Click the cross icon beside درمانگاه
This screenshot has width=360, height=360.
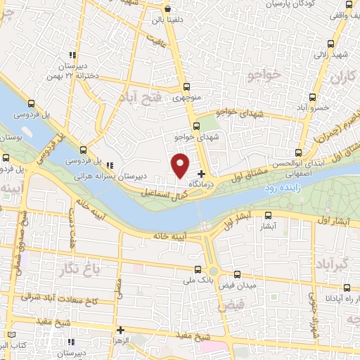(202, 174)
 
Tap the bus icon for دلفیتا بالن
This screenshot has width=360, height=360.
(167, 9)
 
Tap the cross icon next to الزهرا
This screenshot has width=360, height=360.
(120, 329)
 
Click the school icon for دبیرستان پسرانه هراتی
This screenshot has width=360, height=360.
(110, 165)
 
